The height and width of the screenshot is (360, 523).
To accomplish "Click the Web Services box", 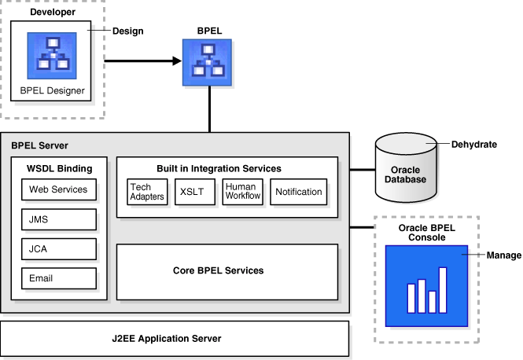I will click(59, 189).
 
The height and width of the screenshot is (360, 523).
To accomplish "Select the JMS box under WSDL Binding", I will click(59, 219).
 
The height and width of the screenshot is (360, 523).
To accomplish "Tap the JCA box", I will click(59, 249).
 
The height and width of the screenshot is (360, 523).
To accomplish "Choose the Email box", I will click(59, 278).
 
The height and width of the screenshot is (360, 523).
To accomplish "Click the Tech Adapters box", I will click(146, 192).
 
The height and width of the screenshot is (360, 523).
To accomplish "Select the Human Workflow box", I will click(242, 192).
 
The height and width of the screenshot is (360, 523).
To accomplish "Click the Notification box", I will click(299, 192).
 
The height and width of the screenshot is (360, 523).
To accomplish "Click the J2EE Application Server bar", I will click(174, 339).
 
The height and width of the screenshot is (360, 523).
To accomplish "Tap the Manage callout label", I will click(503, 255).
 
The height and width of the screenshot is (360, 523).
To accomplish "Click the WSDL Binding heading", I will click(59, 168).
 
